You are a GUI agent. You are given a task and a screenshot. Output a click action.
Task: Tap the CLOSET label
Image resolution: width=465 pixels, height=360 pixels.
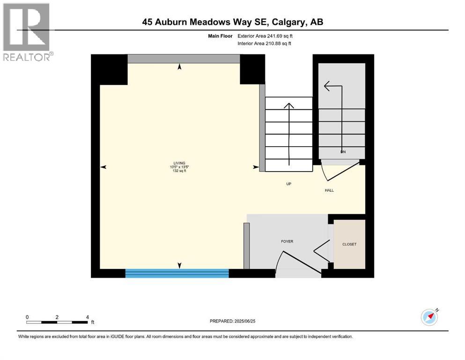pyautogui.click(x=349, y=244)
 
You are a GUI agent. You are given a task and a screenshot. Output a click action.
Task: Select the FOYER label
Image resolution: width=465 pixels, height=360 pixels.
pyautogui.click(x=287, y=241)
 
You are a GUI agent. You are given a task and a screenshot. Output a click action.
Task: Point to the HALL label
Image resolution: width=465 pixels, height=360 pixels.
pyautogui.click(x=329, y=190)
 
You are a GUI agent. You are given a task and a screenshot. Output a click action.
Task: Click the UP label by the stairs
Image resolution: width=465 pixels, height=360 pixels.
pyautogui.click(x=288, y=184)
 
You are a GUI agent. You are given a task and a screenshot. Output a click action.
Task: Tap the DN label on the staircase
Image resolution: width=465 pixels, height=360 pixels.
pyautogui.click(x=343, y=152)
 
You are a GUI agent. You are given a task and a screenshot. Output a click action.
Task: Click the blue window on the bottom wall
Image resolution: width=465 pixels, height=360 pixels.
pyautogui.click(x=177, y=273)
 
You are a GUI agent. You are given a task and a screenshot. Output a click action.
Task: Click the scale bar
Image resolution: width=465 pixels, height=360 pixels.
pyautogui.click(x=57, y=322)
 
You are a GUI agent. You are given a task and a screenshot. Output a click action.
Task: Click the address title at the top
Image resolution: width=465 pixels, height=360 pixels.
pyautogui.click(x=233, y=22)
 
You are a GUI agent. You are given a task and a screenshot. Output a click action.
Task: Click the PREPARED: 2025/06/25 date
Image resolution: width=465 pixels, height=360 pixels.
pyautogui.click(x=233, y=321)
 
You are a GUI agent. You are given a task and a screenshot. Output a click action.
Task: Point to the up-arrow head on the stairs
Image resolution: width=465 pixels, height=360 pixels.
pyautogui.click(x=289, y=106)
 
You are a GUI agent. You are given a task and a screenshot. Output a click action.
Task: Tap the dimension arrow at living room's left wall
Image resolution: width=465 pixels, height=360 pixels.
pyautogui.click(x=103, y=167)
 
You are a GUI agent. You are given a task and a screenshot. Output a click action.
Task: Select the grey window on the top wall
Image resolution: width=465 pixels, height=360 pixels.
pyautogui.click(x=184, y=59)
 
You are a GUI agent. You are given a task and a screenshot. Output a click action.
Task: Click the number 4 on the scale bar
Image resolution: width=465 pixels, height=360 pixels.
pyautogui.click(x=88, y=317)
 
